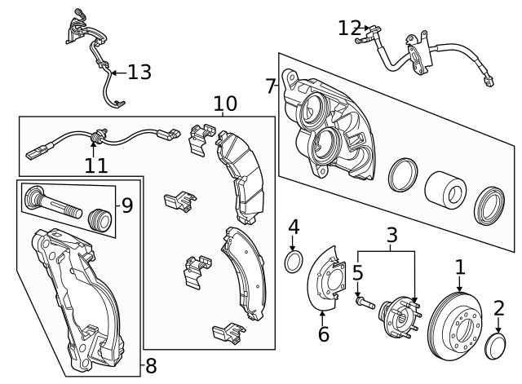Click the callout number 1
point(460,267)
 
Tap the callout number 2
point(498,308)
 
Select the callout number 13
point(139,73)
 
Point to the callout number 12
point(349,29)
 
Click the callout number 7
point(271,85)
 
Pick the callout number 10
point(225,104)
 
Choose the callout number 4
point(294,226)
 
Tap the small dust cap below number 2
point(495,346)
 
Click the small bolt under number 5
point(364,304)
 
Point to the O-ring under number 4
point(294,261)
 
